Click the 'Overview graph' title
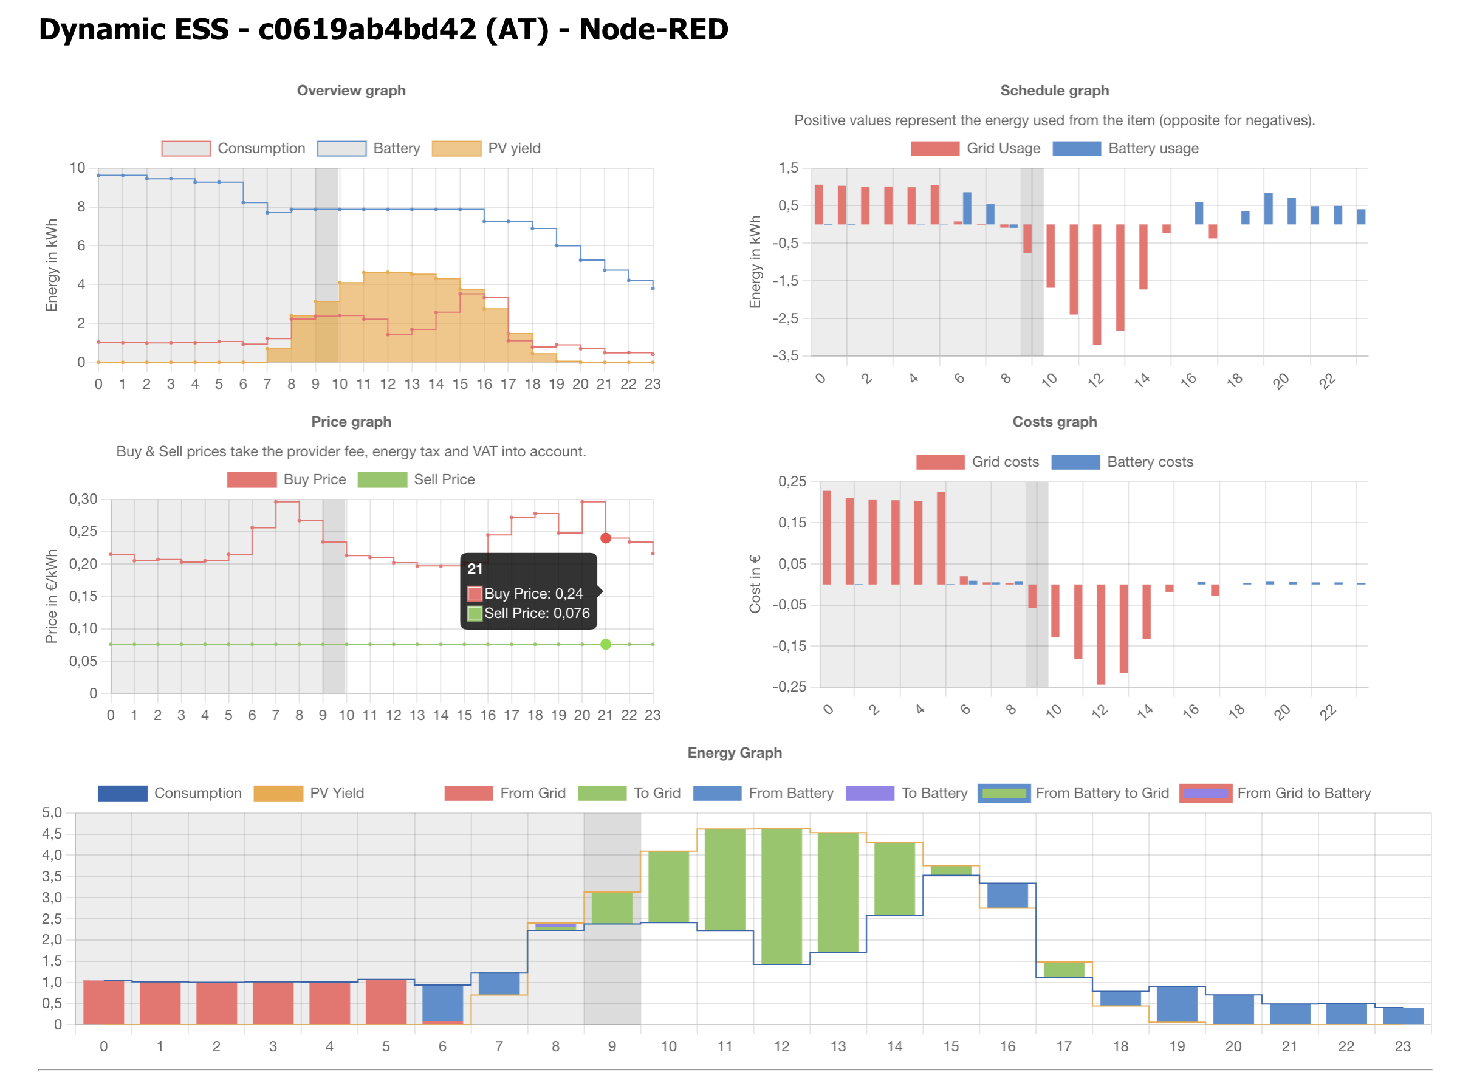coord(351,91)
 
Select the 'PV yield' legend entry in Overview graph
coord(487,149)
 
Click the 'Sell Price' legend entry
coord(416,479)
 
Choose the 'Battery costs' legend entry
coord(1122,462)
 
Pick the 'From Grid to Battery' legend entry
coord(1275,793)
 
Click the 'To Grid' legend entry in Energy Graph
coord(629,793)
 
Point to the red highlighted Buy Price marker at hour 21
coord(606,538)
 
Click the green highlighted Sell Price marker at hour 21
coord(606,644)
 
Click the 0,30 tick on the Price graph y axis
coord(83,499)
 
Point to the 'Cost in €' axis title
coord(755,584)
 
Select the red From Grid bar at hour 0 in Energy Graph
coord(104,1001)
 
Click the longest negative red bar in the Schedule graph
coord(1097,284)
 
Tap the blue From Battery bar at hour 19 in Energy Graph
coord(1176,1004)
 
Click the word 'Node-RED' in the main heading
coord(653,29)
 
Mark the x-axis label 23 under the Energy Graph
coord(1402,1046)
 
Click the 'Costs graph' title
coord(1054,422)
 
